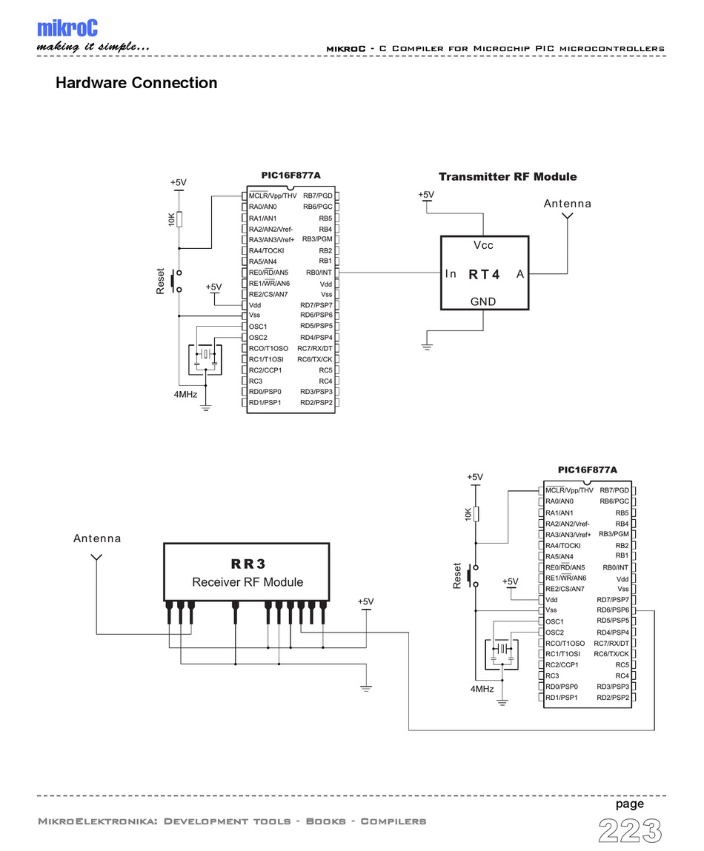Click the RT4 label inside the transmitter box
click(485, 274)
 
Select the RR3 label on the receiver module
click(248, 564)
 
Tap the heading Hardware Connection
click(136, 83)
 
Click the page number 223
click(630, 830)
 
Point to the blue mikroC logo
click(67, 28)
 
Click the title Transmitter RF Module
click(508, 177)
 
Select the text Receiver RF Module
click(248, 582)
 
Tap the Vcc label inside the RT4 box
click(483, 245)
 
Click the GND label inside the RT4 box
click(483, 301)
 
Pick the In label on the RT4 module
click(451, 274)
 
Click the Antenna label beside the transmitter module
click(568, 204)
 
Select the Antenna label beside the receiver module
click(97, 538)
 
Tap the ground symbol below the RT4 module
click(428, 347)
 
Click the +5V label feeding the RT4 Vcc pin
click(426, 195)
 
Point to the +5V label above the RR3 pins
click(366, 601)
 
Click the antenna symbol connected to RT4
click(568, 217)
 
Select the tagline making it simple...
click(93, 48)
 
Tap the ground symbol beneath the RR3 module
click(365, 688)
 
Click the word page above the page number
click(629, 804)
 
